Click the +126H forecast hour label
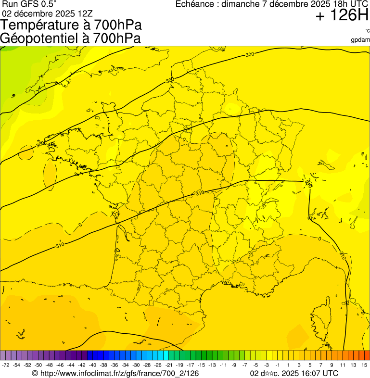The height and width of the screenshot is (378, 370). tap(342, 16)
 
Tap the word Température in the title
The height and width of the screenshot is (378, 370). tap(41, 25)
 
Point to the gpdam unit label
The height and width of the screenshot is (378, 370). tap(360, 39)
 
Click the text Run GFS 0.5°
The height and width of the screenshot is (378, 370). tap(29, 4)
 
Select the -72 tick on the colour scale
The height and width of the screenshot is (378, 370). tap(6, 365)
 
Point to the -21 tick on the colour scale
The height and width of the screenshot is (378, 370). tap(168, 365)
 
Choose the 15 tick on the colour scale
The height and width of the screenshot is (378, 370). tap(364, 365)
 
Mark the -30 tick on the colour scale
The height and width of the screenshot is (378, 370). tap(136, 365)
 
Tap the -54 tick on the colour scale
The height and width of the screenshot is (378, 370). tap(17, 365)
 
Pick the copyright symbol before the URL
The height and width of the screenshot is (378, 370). tap(35, 373)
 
